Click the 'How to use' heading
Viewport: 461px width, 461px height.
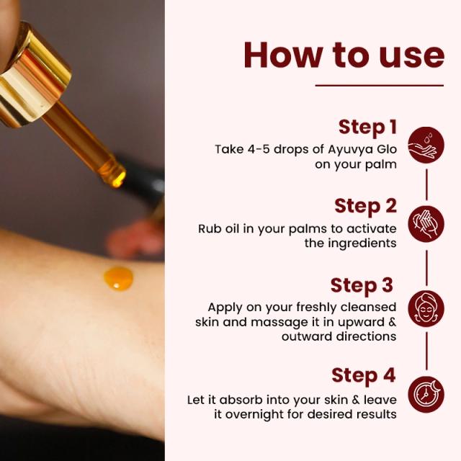(344, 55)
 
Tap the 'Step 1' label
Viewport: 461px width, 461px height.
(367, 127)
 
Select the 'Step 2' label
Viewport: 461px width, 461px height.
(365, 206)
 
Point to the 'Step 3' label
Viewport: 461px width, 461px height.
(362, 285)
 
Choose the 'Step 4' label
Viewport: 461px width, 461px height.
(364, 375)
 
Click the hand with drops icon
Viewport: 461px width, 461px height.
(426, 145)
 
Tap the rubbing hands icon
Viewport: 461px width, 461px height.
(426, 224)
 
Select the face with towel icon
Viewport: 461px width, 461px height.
(426, 309)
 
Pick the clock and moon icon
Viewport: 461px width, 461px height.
(426, 394)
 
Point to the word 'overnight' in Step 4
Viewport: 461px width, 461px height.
(254, 415)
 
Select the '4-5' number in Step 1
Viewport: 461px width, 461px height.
(259, 149)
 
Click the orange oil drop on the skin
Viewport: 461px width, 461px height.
(118, 278)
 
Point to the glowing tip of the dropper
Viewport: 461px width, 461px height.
(117, 179)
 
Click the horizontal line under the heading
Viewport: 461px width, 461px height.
(380, 86)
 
